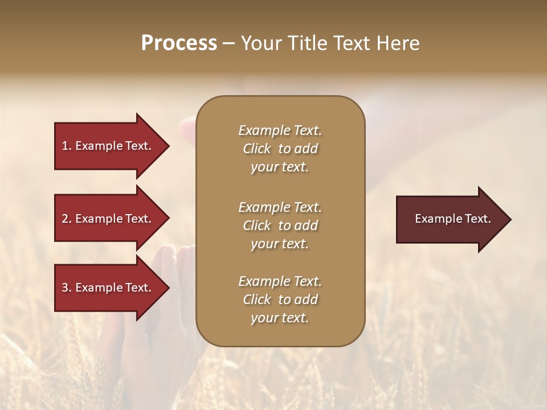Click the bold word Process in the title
pyautogui.click(x=179, y=43)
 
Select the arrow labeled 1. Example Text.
pyautogui.click(x=108, y=146)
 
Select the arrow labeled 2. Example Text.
pyautogui.click(x=108, y=219)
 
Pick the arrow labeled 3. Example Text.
pyautogui.click(x=108, y=288)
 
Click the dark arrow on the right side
pyautogui.click(x=450, y=219)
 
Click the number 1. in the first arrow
pyautogui.click(x=67, y=146)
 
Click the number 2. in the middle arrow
pyautogui.click(x=67, y=219)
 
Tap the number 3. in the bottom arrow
pyautogui.click(x=67, y=288)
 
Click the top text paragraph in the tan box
pyautogui.click(x=280, y=149)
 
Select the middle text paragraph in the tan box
pyautogui.click(x=280, y=225)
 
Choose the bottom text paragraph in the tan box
pyautogui.click(x=280, y=300)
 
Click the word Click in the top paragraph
pyautogui.click(x=256, y=149)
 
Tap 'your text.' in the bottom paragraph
pyautogui.click(x=280, y=318)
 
